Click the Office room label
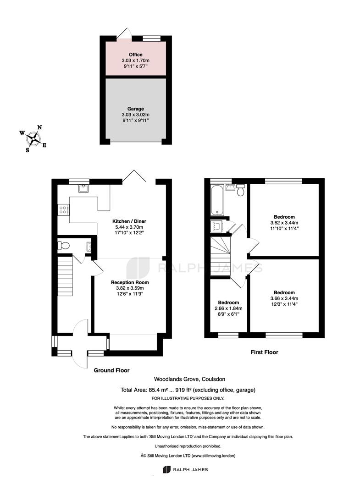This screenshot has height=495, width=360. [x=135, y=55]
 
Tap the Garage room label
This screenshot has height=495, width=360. [x=135, y=109]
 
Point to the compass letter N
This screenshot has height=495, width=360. [x=39, y=127]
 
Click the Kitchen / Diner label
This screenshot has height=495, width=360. [x=129, y=221]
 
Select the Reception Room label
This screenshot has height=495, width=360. [x=130, y=282]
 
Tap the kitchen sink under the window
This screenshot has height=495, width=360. [x=84, y=188]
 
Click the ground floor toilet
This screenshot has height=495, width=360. [x=64, y=245]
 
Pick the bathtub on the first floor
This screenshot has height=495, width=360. [x=217, y=200]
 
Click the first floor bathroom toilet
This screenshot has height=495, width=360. [x=241, y=190]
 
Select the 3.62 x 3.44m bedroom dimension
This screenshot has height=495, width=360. [x=284, y=223]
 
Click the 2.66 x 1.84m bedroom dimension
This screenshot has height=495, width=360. [x=228, y=308]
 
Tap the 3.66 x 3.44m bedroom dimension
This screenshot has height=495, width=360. [x=284, y=298]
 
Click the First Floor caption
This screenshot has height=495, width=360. [x=264, y=352]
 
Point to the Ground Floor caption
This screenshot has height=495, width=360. [x=111, y=370]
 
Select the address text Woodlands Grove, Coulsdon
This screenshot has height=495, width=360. [x=189, y=379]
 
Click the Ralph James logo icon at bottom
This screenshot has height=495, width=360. [x=166, y=470]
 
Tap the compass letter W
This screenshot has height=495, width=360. [x=22, y=133]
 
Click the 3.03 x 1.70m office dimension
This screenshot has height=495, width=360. [x=135, y=60]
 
